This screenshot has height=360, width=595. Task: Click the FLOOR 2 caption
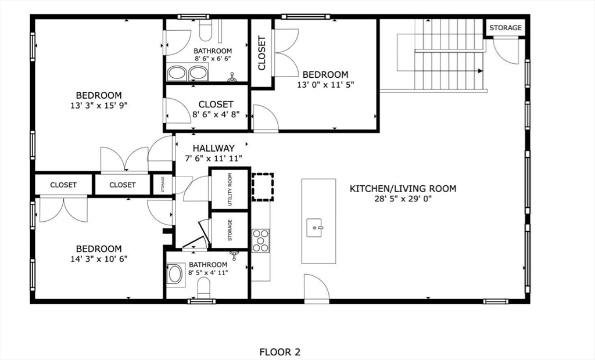279,352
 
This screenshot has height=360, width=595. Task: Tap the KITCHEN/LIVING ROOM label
403,189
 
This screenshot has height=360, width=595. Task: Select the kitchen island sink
314,228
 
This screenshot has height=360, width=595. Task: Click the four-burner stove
261,240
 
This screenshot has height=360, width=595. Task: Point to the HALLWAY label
214,148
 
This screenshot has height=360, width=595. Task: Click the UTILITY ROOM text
230,189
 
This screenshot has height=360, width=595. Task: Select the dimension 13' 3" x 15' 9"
99,106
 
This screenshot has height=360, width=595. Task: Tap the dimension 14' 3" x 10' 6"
99,259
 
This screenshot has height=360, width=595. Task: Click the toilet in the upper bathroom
205,30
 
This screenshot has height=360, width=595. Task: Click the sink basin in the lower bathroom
175,274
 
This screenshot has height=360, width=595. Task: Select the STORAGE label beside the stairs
506,28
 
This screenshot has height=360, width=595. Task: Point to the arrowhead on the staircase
481,71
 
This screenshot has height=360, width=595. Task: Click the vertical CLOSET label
262,53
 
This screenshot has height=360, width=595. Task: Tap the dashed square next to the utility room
263,187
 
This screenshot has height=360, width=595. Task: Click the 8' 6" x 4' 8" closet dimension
216,114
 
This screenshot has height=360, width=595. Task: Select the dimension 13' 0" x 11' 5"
325,85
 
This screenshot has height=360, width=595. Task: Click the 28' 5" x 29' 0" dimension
403,199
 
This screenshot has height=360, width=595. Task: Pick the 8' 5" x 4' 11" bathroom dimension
208,272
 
